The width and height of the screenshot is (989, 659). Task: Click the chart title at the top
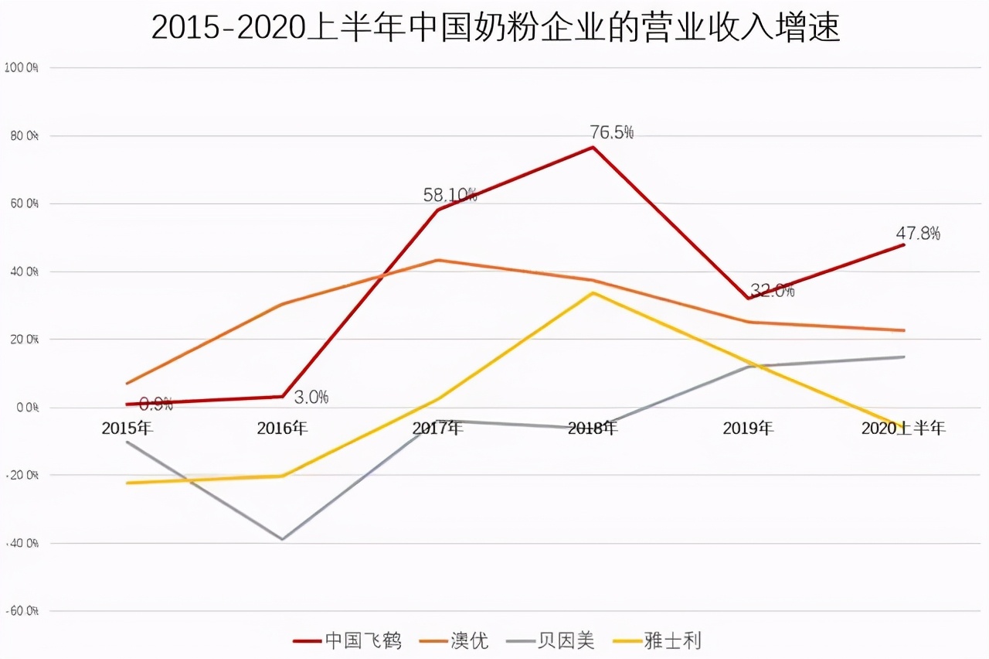tap(495, 28)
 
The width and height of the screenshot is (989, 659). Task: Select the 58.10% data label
tap(450, 195)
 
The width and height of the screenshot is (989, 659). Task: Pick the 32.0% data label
tap(772, 291)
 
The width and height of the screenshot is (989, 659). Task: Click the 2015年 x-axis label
tap(127, 428)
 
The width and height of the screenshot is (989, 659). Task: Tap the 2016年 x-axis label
tap(282, 428)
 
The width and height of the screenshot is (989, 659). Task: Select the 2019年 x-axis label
tap(748, 428)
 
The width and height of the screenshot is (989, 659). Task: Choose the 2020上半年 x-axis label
tap(903, 428)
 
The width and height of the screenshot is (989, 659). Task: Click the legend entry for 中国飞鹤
tap(348, 640)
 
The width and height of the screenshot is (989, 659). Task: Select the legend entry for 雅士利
tap(657, 640)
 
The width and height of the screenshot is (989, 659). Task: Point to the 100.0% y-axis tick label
tap(21, 67)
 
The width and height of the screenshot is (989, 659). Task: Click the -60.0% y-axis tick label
tap(21, 611)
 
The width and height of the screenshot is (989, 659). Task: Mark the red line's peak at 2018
tap(593, 147)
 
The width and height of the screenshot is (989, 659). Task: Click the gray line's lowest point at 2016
tap(283, 539)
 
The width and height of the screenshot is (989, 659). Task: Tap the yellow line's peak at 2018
tap(593, 292)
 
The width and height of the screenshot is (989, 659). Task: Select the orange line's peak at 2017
tap(437, 260)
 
